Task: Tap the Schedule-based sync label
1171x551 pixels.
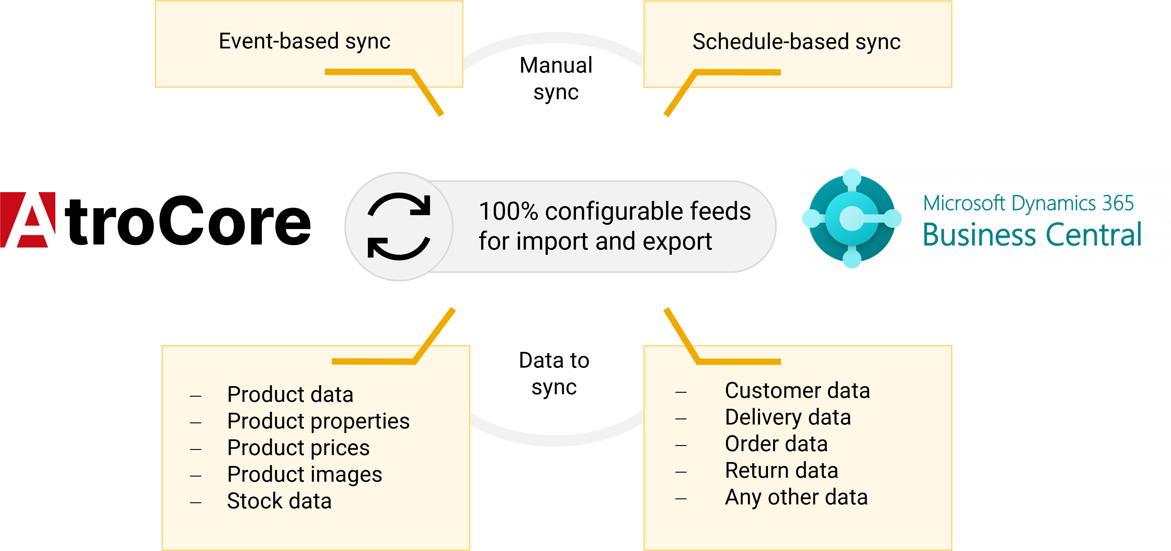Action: (x=796, y=42)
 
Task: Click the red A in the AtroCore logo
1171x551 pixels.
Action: (x=28, y=220)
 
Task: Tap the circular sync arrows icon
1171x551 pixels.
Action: (x=399, y=226)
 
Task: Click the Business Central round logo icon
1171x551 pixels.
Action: (x=852, y=218)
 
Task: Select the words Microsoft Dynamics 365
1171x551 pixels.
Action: (x=1029, y=203)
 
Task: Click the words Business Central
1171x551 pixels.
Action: (x=1032, y=235)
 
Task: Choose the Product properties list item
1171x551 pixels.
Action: (x=318, y=421)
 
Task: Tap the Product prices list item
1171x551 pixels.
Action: (x=298, y=448)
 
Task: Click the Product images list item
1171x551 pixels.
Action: (x=304, y=474)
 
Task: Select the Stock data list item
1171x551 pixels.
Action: (x=279, y=501)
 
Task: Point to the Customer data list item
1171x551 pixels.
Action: (x=797, y=390)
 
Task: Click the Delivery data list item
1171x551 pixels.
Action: (x=788, y=417)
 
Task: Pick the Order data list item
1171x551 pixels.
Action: (x=776, y=444)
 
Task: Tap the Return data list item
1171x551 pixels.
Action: (x=782, y=471)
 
